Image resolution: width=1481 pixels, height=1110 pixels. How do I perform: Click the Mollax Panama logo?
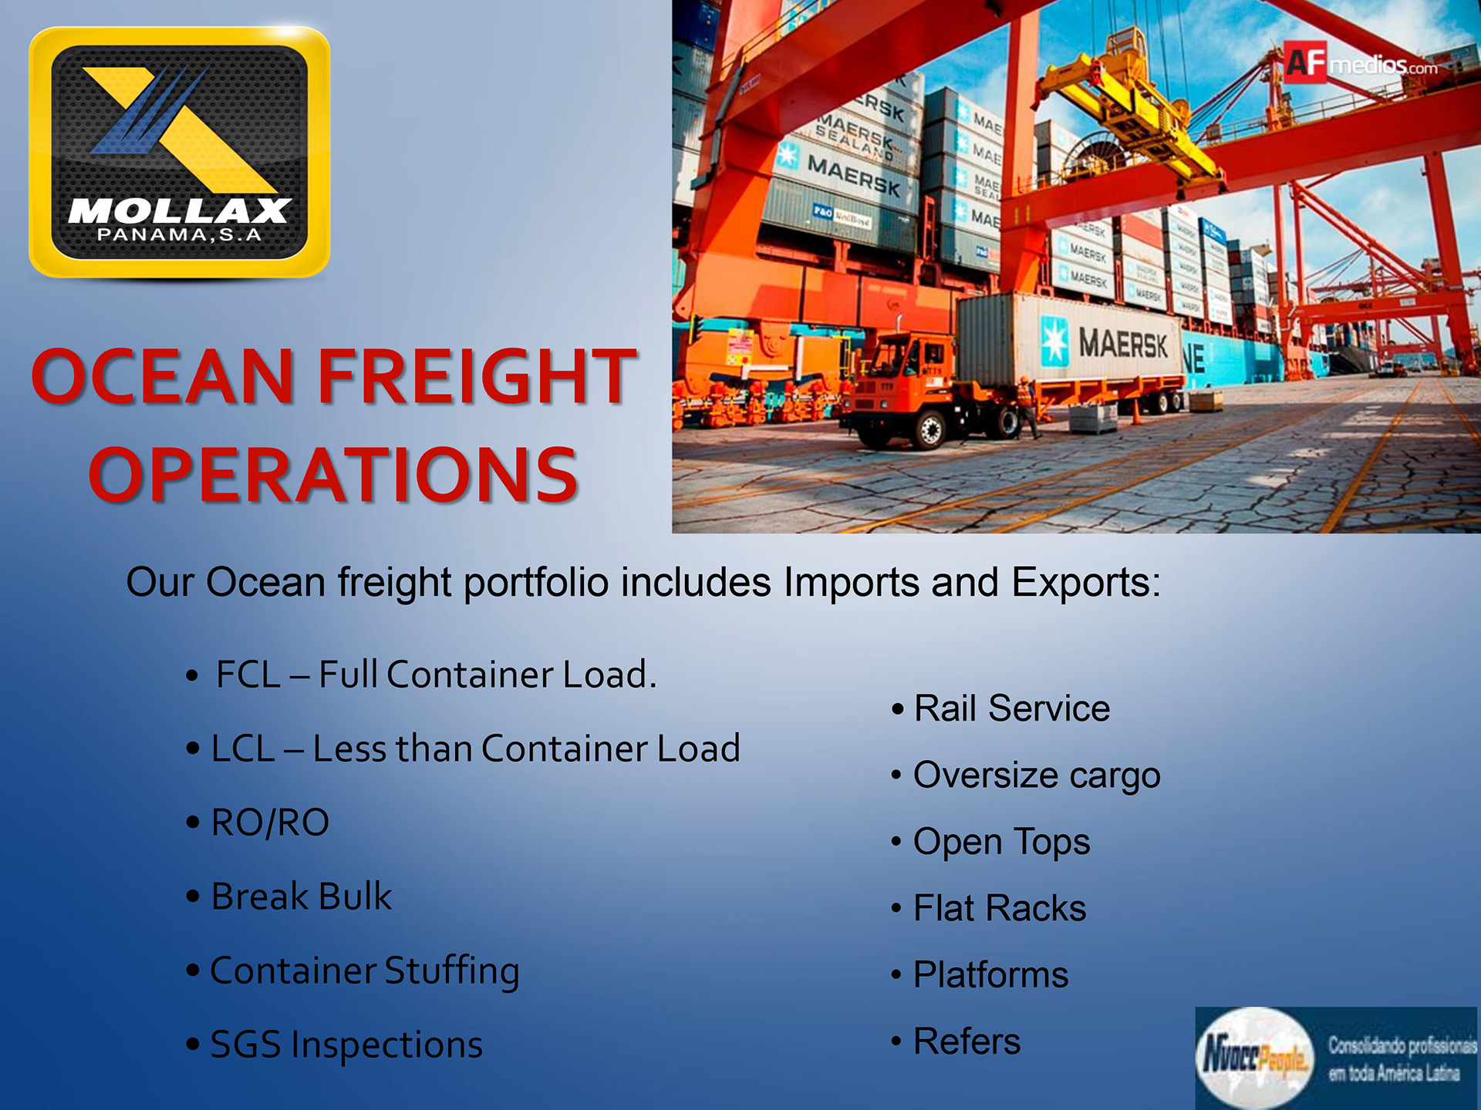tap(179, 152)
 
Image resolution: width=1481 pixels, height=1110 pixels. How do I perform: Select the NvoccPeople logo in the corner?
tap(1337, 1058)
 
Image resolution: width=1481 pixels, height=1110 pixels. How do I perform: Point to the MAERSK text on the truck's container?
tap(1123, 343)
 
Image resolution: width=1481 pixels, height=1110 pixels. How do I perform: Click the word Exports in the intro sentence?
tap(1086, 583)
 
